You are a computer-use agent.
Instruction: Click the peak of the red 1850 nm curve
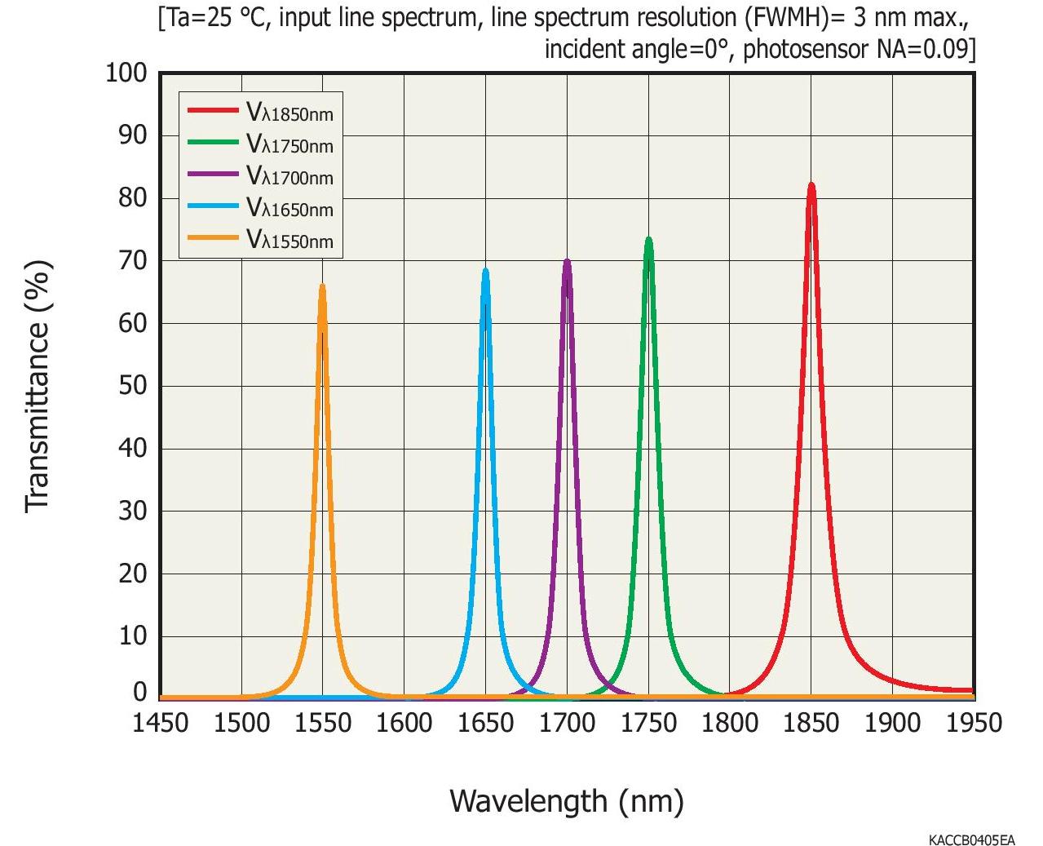click(811, 184)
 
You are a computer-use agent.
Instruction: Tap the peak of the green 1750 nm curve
click(648, 239)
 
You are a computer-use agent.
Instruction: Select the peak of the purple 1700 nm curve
click(567, 261)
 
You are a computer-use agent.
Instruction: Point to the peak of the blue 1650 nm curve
click(485, 270)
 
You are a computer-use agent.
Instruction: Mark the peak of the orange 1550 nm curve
click(322, 286)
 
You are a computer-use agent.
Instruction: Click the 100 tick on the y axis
click(126, 73)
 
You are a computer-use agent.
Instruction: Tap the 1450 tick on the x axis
click(160, 723)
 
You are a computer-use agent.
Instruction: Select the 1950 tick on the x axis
click(974, 723)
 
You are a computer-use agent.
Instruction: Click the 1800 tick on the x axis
click(730, 723)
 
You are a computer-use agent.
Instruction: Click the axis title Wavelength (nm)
click(566, 800)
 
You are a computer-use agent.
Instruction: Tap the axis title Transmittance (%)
click(38, 386)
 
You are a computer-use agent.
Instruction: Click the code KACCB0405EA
click(971, 839)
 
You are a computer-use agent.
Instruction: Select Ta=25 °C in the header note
click(214, 17)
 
